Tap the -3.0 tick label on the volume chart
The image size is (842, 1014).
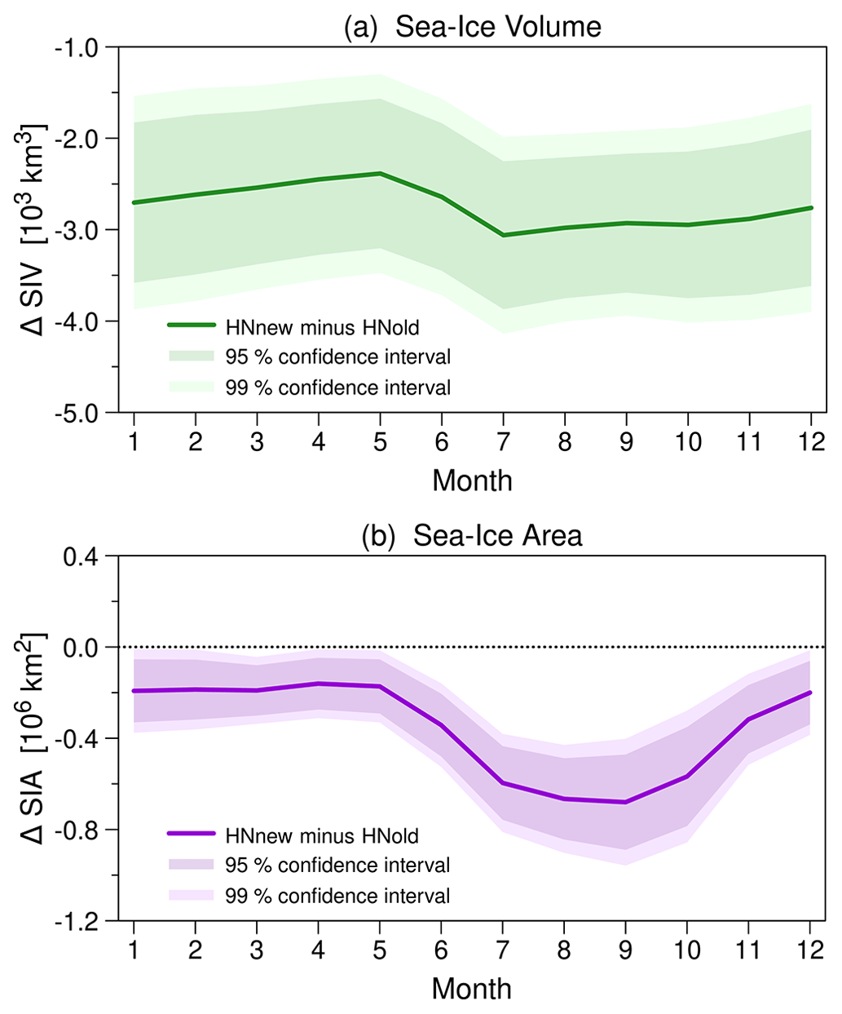tap(75, 229)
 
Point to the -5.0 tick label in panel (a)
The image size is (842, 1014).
tap(75, 412)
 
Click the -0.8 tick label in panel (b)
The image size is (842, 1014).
tap(75, 830)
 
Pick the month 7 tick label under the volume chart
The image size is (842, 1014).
tap(503, 441)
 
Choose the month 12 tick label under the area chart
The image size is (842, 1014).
tap(809, 950)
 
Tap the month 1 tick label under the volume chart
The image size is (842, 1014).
tap(133, 441)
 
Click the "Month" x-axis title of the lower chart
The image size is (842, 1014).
tap(472, 989)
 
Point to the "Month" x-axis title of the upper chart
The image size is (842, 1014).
tap(472, 480)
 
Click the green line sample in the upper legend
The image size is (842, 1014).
tap(192, 325)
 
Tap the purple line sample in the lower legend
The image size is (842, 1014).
tap(192, 834)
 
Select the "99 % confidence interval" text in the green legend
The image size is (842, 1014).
tap(337, 387)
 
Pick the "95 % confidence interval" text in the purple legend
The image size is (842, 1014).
tap(337, 865)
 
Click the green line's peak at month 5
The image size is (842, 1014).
tap(380, 173)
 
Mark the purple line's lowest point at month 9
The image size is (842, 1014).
tap(625, 802)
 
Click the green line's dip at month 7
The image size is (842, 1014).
tap(503, 235)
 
